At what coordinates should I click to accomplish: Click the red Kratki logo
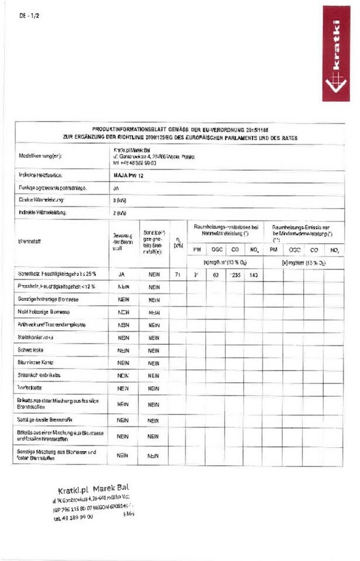pos(335,53)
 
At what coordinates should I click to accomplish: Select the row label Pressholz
pos(56,286)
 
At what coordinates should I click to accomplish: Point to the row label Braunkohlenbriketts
pos(39,375)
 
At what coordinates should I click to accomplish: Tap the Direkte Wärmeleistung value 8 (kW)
pos(117,200)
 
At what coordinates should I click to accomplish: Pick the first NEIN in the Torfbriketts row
pos(123,387)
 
